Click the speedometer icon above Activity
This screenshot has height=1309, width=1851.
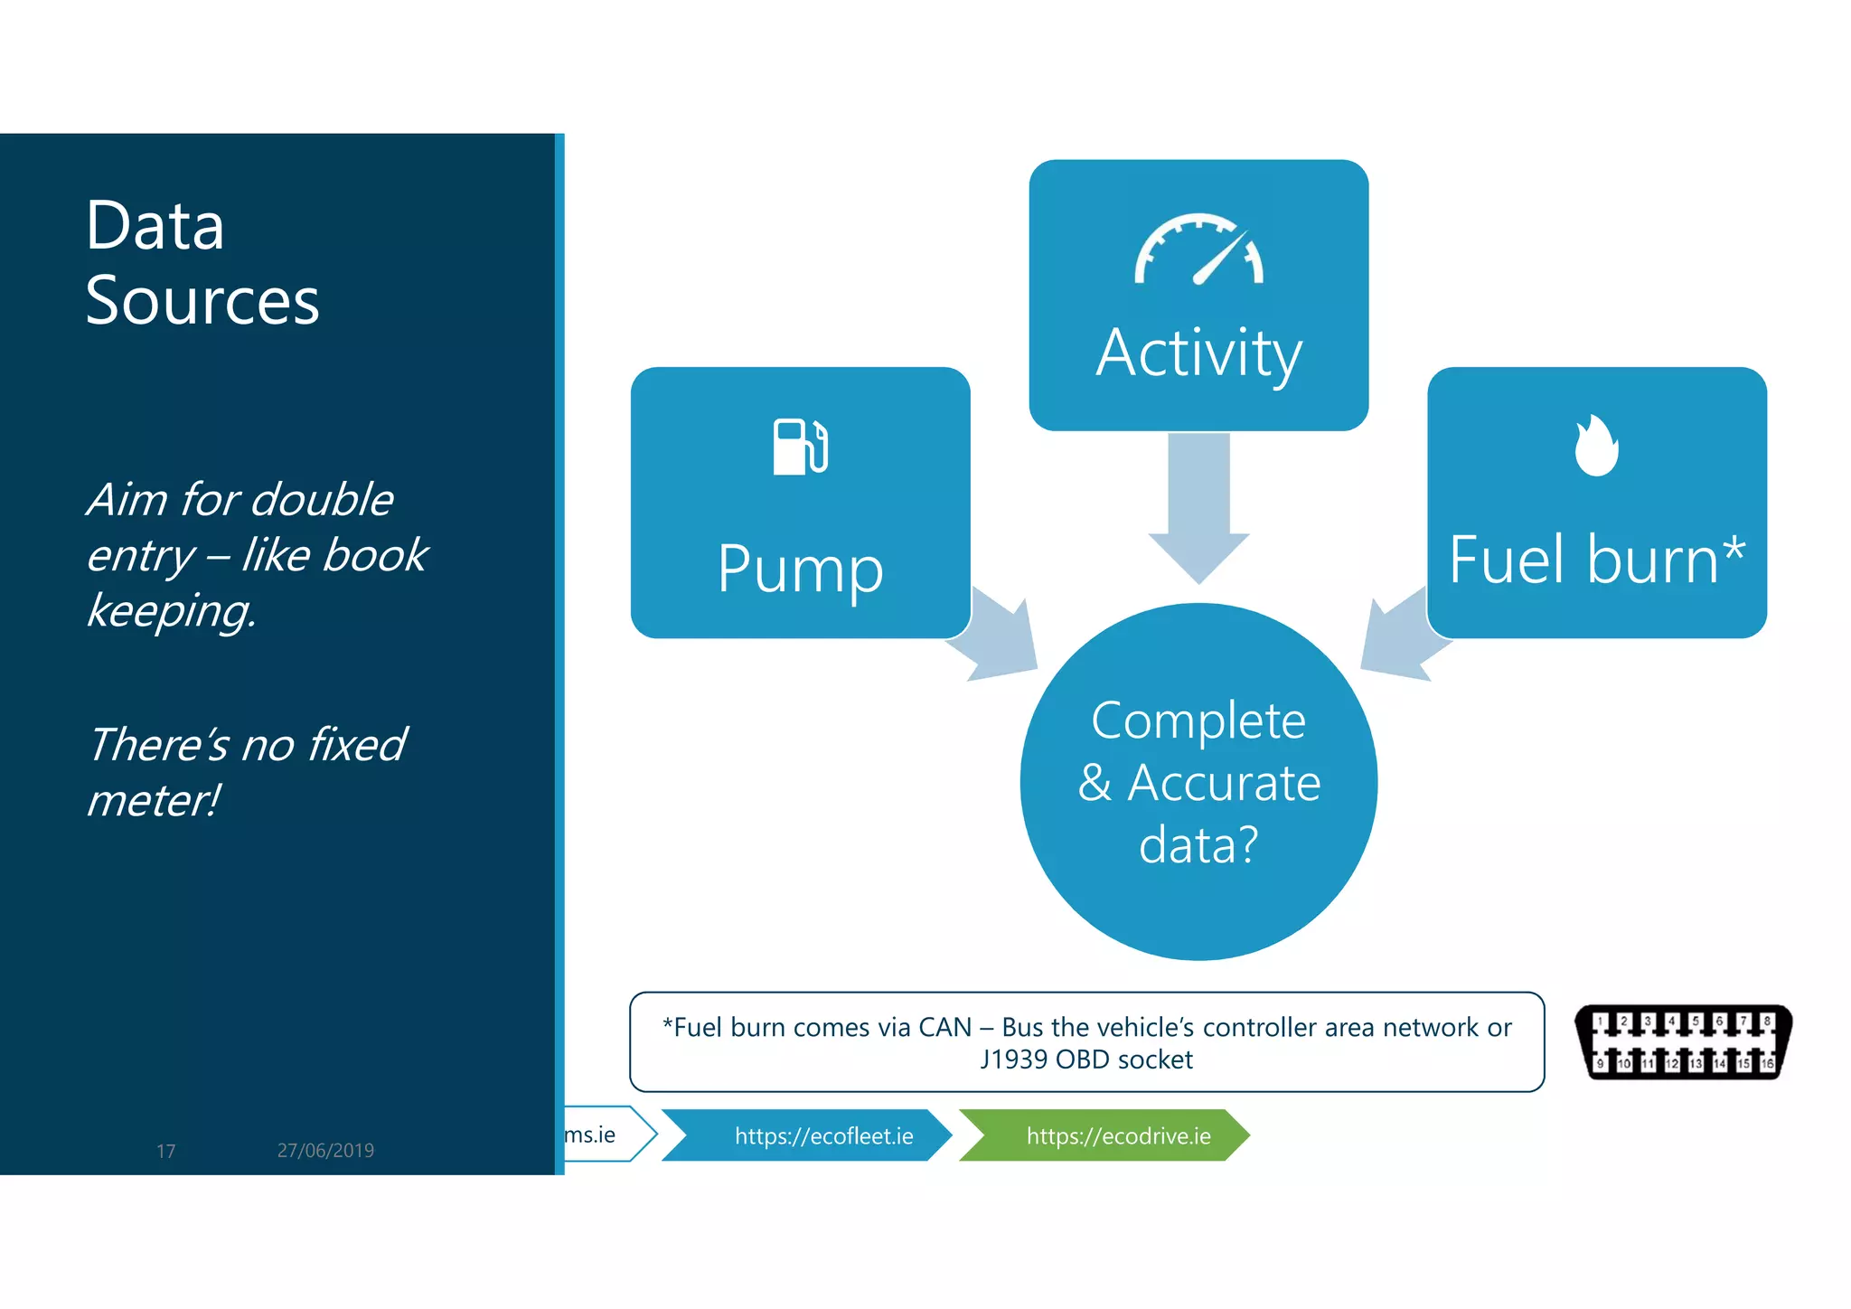coord(1198,250)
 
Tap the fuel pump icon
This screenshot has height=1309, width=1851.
coord(800,447)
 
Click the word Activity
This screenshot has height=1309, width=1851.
coord(1198,353)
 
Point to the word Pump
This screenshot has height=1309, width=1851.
coord(800,569)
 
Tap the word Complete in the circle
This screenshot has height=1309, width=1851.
coord(1198,721)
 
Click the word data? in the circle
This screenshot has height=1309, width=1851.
coord(1198,845)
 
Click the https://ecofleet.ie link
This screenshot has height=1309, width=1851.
coord(823,1135)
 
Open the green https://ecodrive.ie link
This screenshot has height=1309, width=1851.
coord(1118,1135)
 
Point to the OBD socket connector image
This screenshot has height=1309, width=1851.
coord(1684,1042)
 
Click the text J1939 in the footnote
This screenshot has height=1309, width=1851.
coord(1015,1059)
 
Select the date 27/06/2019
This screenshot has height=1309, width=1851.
coord(325,1150)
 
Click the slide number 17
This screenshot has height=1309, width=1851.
coord(165,1151)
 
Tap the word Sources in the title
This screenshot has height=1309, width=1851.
coord(202,300)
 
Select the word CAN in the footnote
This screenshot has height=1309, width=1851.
coord(944,1028)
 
